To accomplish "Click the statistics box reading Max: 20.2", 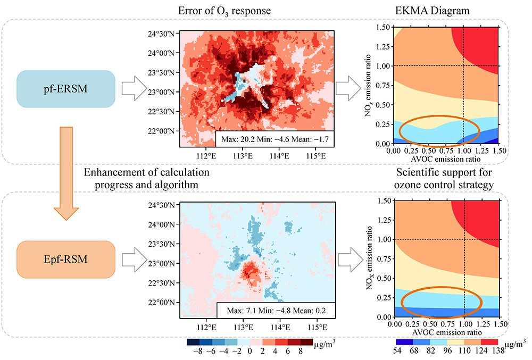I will (x=274, y=140).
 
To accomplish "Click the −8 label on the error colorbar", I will (x=196, y=351).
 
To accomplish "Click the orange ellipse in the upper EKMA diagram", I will (x=439, y=131).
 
